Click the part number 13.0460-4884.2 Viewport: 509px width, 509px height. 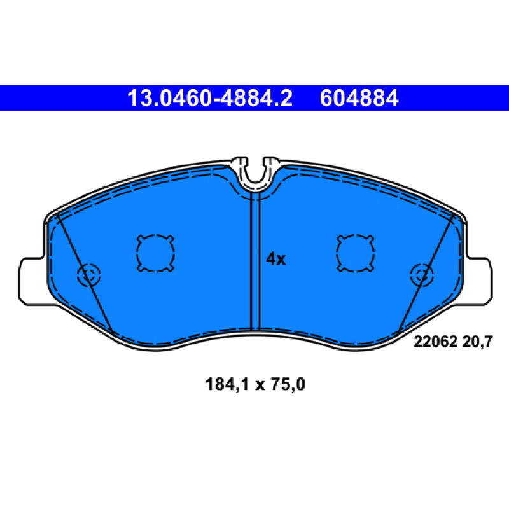210,99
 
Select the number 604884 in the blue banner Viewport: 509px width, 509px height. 359,99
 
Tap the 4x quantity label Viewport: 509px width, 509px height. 275,259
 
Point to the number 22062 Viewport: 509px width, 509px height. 435,342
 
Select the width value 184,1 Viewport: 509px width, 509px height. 227,385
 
